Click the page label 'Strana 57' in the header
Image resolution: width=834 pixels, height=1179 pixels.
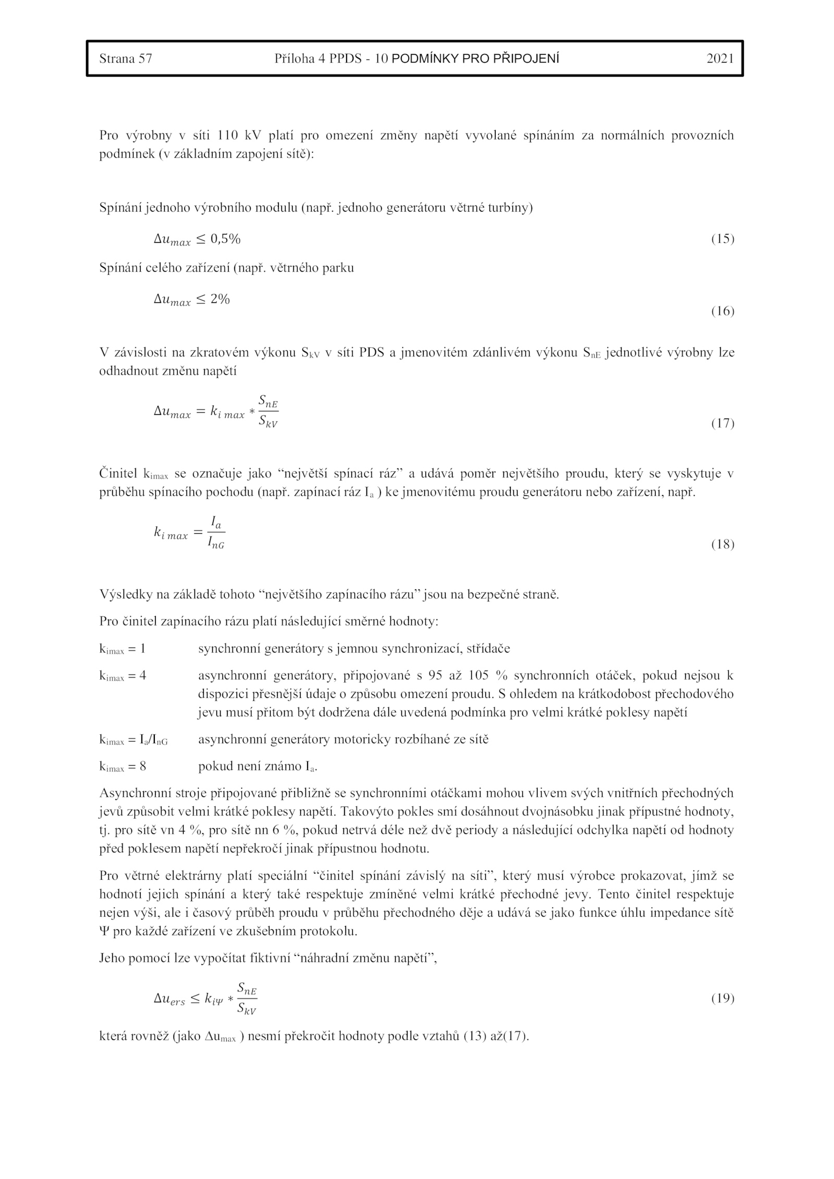coord(126,58)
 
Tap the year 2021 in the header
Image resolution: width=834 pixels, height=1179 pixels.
coord(720,58)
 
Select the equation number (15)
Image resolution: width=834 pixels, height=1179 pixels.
coord(722,239)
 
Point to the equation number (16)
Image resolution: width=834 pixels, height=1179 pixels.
coord(722,311)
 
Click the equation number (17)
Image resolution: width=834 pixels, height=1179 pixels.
coord(722,423)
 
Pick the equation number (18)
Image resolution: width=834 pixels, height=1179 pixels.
coord(722,545)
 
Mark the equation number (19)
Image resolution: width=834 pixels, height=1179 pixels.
coord(722,998)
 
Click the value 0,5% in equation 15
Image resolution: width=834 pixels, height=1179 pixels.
coord(225,239)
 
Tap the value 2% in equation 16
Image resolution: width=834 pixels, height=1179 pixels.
coord(220,299)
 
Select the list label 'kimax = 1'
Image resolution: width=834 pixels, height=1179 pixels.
coord(122,649)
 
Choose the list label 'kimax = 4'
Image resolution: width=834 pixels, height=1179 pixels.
coord(122,676)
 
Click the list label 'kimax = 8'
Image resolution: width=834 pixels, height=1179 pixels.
coord(122,767)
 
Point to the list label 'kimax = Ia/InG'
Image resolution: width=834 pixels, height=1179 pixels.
coord(133,740)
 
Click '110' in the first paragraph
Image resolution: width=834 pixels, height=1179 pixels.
coord(228,136)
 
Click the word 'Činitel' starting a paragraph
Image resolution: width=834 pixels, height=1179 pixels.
coord(118,474)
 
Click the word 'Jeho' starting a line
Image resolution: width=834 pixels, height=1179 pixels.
coord(111,958)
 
